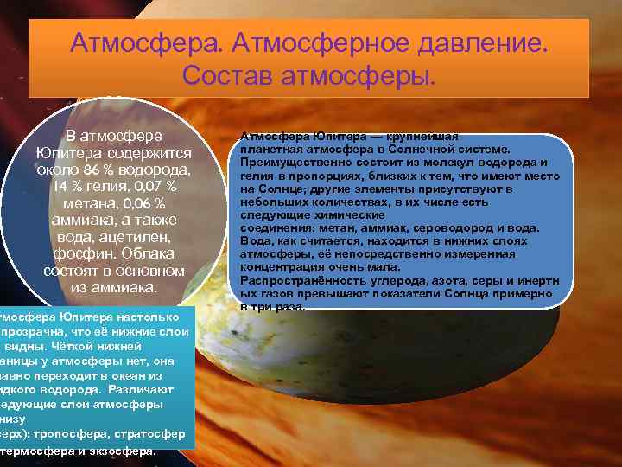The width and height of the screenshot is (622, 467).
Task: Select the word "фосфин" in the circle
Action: click(x=80, y=253)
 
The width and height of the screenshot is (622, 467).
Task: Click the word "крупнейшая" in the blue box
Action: click(x=428, y=137)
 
